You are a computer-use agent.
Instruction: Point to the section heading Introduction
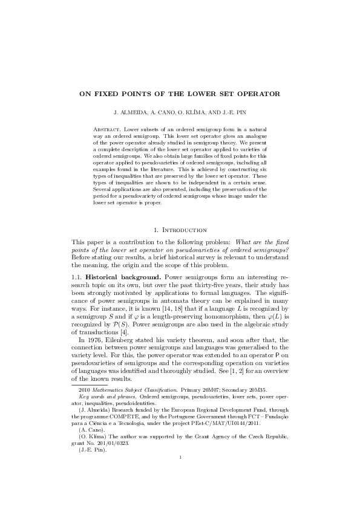(x=186, y=230)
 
